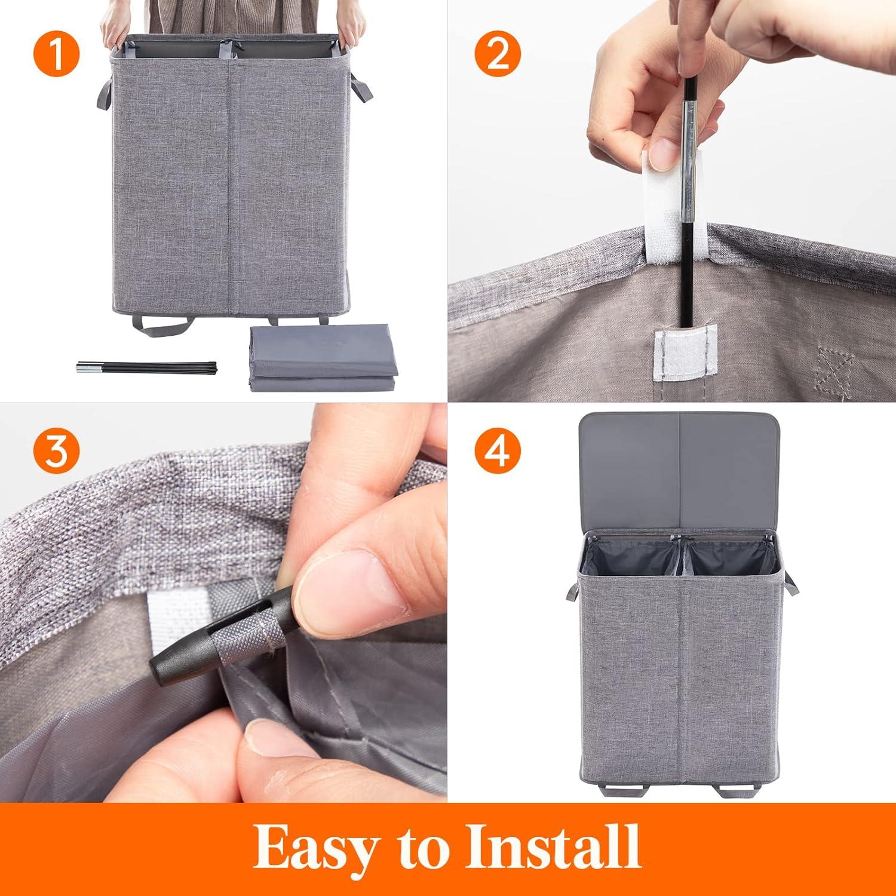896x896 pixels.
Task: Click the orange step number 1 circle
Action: (x=56, y=54)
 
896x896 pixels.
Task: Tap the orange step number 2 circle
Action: (x=498, y=54)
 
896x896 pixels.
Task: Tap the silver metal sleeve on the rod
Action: (x=690, y=142)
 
